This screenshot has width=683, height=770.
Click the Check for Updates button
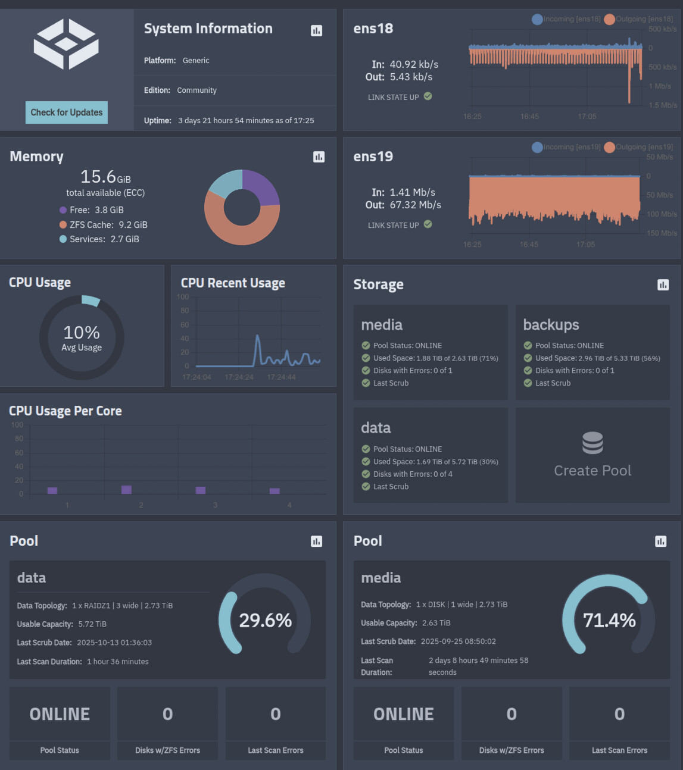click(x=67, y=112)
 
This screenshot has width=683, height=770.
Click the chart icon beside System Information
click(x=316, y=30)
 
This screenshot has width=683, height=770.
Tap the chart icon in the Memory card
click(x=319, y=156)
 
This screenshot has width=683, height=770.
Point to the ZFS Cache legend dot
click(x=63, y=225)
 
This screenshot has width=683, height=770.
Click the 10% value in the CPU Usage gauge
click(x=82, y=332)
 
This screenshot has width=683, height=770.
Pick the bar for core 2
click(x=126, y=489)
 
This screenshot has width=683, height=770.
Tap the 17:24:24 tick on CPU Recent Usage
click(x=239, y=377)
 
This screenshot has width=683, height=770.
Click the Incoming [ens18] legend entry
click(x=566, y=19)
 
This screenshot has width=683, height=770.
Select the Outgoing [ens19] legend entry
click(x=638, y=147)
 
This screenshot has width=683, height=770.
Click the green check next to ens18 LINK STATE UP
click(x=428, y=96)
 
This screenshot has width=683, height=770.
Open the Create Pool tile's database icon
click(x=592, y=443)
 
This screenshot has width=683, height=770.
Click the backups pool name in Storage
click(x=551, y=325)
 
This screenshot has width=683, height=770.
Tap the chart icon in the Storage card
click(x=663, y=285)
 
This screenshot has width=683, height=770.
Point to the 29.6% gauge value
click(x=265, y=621)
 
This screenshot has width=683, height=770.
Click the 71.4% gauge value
click(x=609, y=621)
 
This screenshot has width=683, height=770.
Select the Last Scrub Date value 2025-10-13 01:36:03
click(x=114, y=643)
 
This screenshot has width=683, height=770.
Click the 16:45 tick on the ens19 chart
click(x=529, y=245)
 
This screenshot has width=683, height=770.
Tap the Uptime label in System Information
click(x=158, y=121)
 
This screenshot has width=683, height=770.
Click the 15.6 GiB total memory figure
click(x=105, y=177)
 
